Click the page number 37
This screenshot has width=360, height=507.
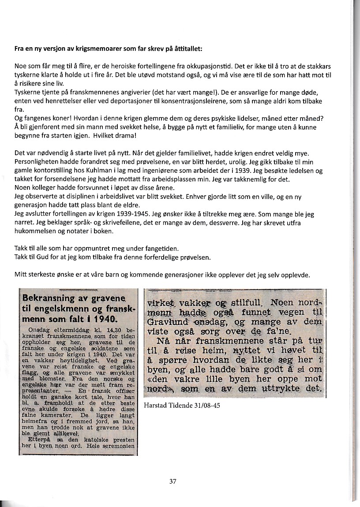click(x=173, y=482)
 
